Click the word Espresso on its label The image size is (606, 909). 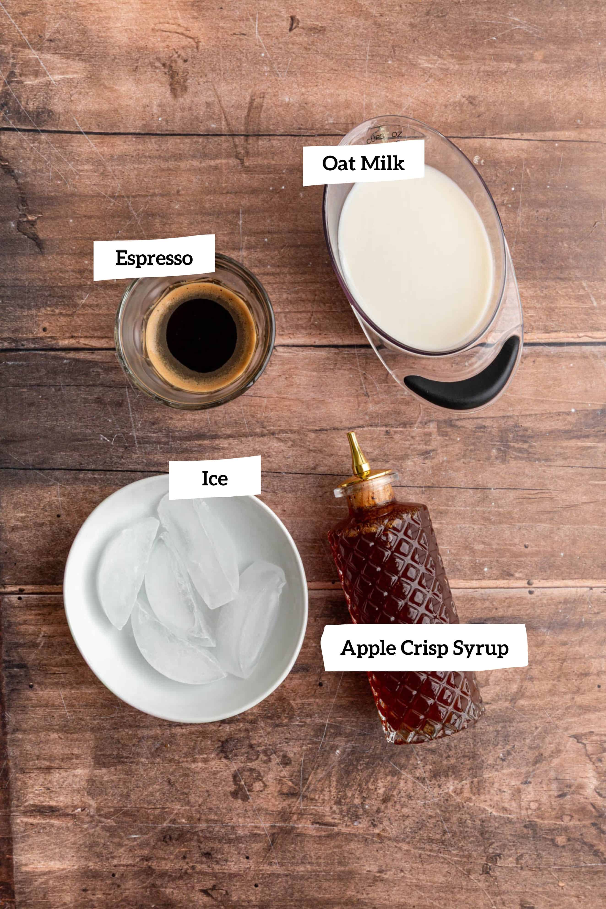click(154, 258)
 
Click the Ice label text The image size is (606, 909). click(215, 479)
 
